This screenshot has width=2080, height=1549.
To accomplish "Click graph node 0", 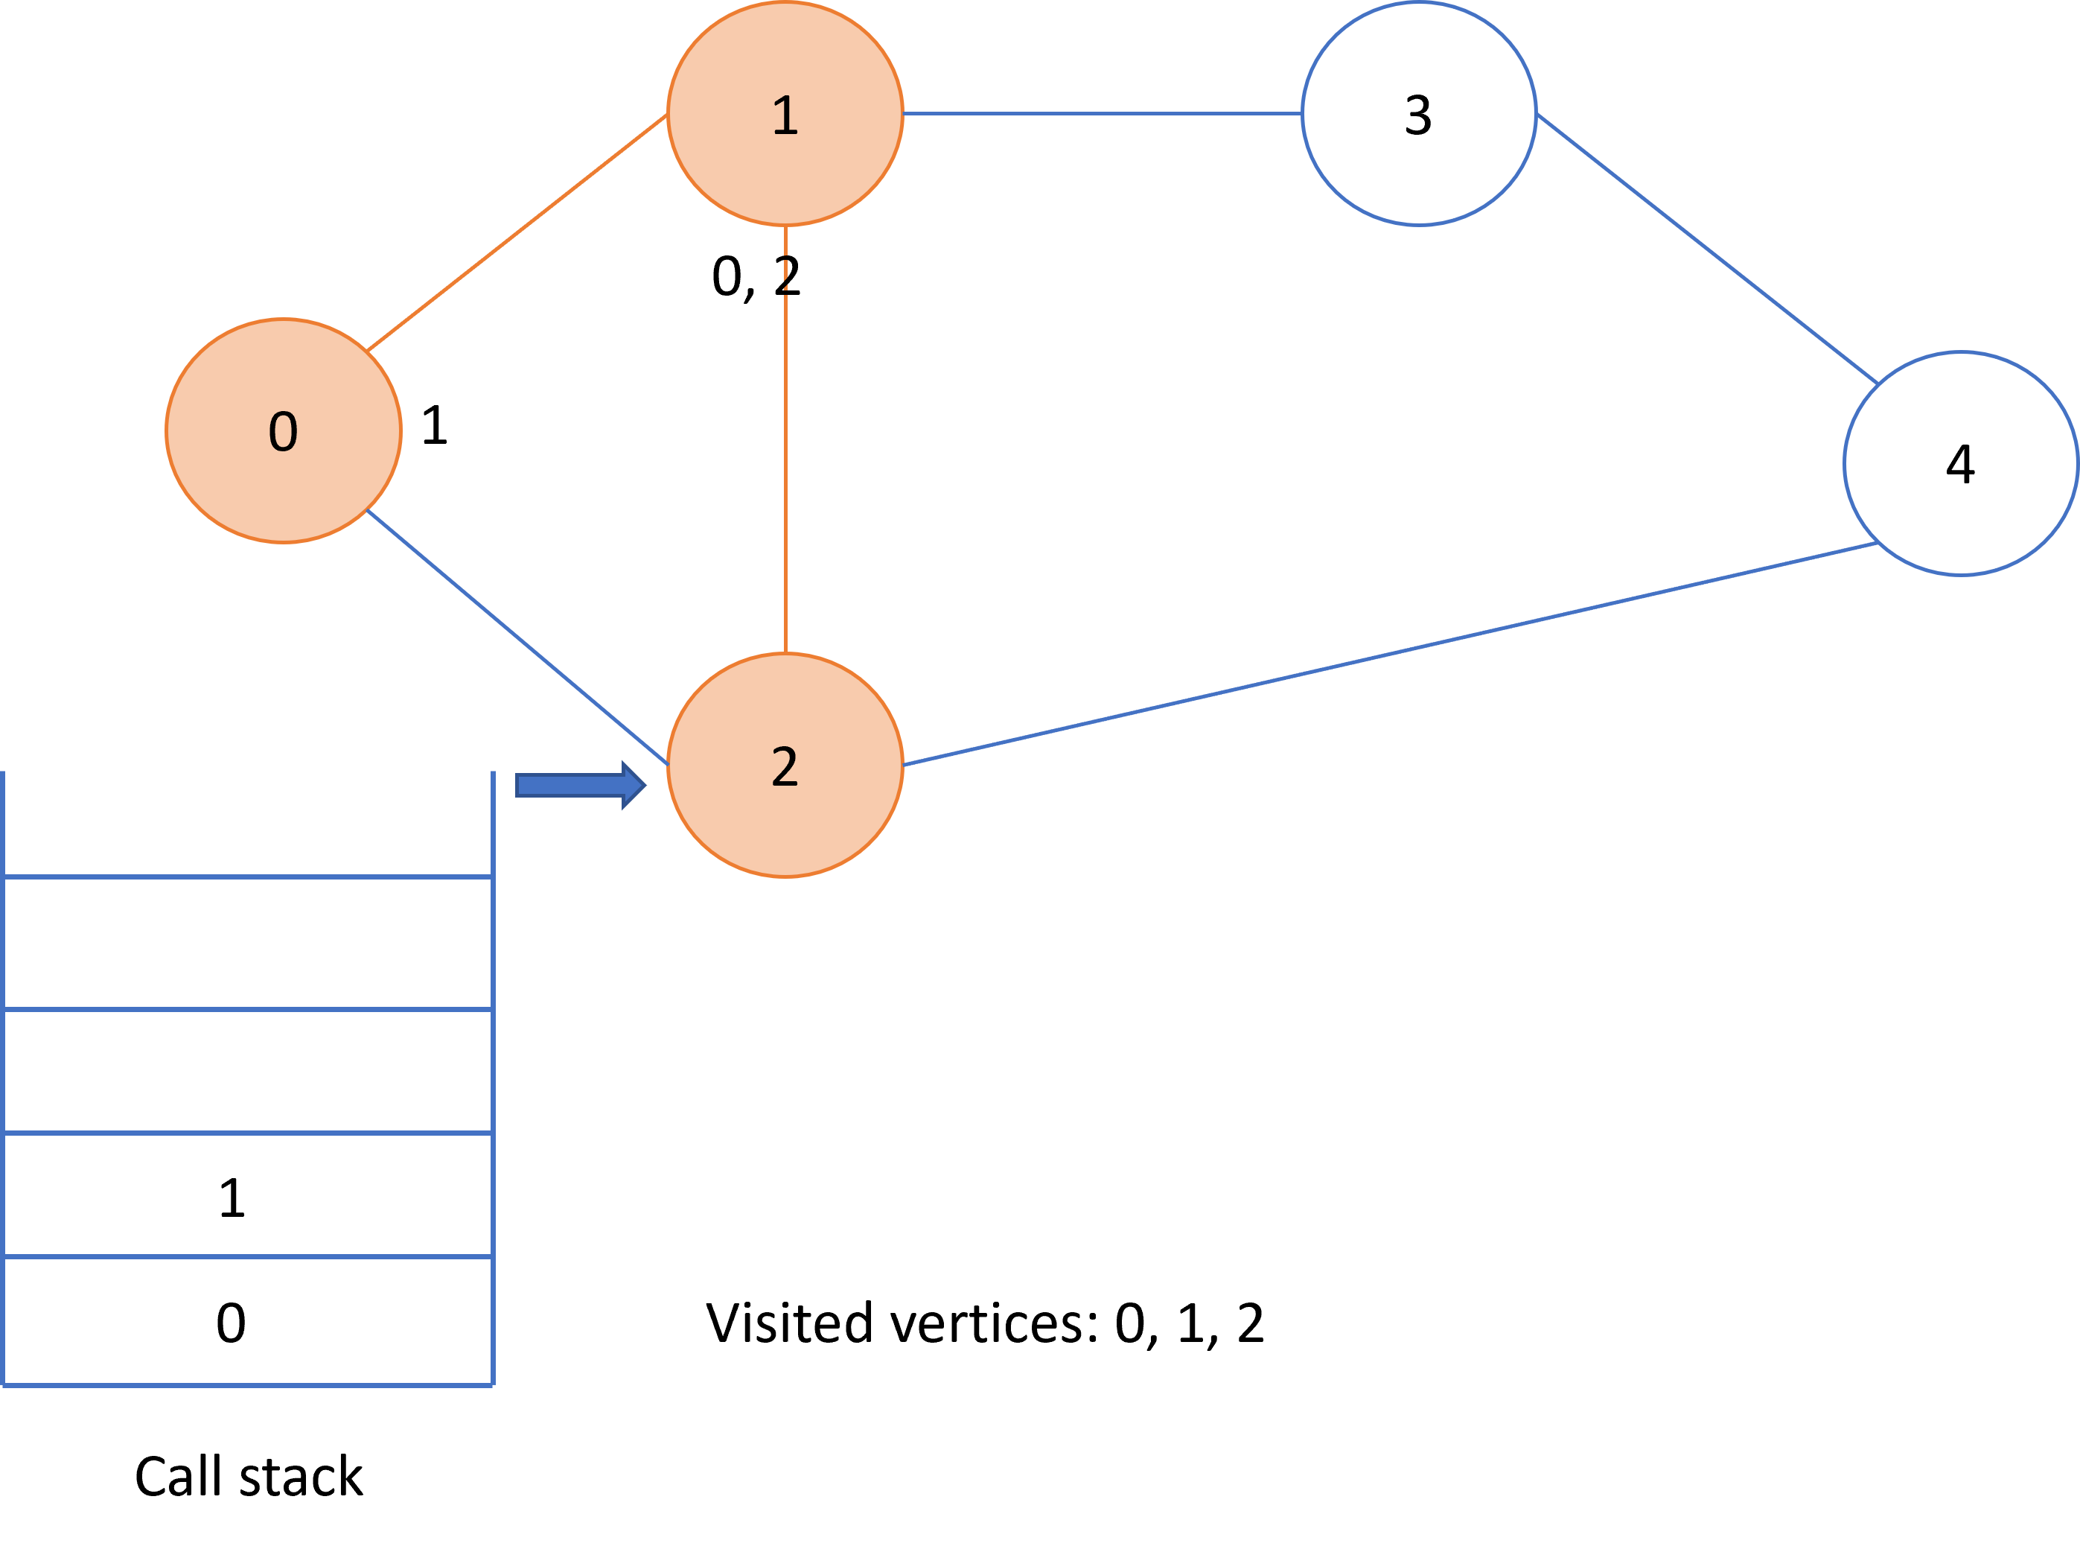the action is click(283, 430).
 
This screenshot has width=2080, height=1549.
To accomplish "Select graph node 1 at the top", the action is click(785, 113).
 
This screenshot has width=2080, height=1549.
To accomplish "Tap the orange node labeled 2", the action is click(785, 765).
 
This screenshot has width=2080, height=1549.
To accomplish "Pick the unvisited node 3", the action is click(1418, 113).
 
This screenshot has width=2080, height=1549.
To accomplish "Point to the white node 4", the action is click(1960, 463).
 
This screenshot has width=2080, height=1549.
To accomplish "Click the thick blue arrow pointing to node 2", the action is click(580, 785).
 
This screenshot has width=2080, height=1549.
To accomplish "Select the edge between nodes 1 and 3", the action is click(1103, 113).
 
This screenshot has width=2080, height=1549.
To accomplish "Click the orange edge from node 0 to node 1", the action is click(517, 232).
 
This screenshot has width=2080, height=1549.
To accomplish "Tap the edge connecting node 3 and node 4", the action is click(1707, 249).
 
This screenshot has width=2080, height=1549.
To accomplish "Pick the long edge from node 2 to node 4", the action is click(1390, 654).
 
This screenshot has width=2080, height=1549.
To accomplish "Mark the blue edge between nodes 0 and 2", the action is click(517, 637).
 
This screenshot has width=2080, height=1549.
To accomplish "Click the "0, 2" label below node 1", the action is click(756, 276).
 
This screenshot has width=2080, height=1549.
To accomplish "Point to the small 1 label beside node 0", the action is click(434, 424).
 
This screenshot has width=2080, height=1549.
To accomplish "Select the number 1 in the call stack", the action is click(232, 1198).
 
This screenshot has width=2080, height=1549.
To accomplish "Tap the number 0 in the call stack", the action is click(231, 1323).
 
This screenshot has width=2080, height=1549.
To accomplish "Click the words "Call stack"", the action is click(249, 1477).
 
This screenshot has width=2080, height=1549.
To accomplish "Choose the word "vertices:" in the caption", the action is click(994, 1323).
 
